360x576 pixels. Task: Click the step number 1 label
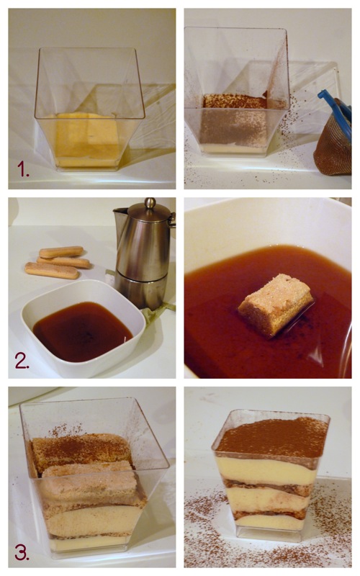point(23,169)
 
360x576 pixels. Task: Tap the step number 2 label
point(22,361)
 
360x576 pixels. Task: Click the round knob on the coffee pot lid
point(150,203)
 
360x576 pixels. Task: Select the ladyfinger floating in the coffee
point(276,304)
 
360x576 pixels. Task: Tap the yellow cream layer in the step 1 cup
point(87,139)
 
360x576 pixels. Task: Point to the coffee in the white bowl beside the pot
point(82,330)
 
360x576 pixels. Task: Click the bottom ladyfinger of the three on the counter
point(52,271)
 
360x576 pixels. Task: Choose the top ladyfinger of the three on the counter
point(61,252)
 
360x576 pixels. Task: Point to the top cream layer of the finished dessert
point(266,470)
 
